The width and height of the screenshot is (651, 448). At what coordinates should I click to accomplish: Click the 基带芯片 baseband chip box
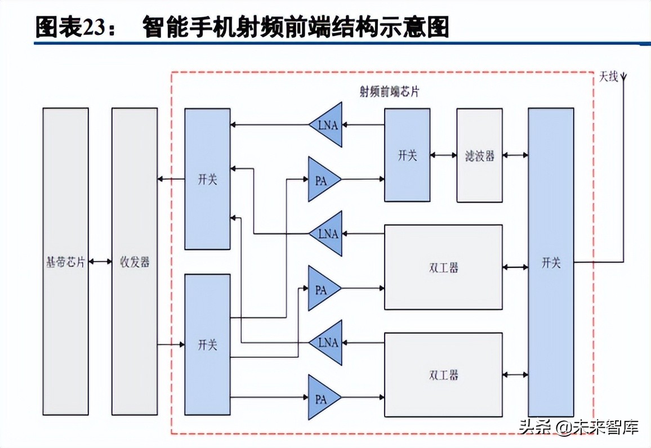[65, 262]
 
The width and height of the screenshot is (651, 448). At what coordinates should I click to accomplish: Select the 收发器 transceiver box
[135, 262]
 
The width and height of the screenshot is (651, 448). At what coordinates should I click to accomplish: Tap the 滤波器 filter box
[479, 155]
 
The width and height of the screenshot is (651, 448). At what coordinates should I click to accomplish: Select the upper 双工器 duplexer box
[443, 267]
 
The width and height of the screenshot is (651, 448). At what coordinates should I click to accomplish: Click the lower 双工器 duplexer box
[443, 375]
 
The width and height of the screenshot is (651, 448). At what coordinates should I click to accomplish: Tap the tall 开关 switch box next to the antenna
[551, 262]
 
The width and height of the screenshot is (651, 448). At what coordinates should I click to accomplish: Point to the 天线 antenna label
[608, 77]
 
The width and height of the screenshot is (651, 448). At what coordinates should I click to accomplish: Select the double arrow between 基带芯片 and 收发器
[100, 262]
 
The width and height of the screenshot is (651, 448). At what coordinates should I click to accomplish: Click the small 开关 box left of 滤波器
[407, 155]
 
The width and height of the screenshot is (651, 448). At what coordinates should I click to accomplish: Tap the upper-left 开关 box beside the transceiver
[207, 179]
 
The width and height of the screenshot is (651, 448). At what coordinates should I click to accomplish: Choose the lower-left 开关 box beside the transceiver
[207, 344]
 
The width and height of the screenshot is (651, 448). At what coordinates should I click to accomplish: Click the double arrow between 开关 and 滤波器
[443, 155]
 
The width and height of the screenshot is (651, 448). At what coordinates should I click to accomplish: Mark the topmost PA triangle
[323, 180]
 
